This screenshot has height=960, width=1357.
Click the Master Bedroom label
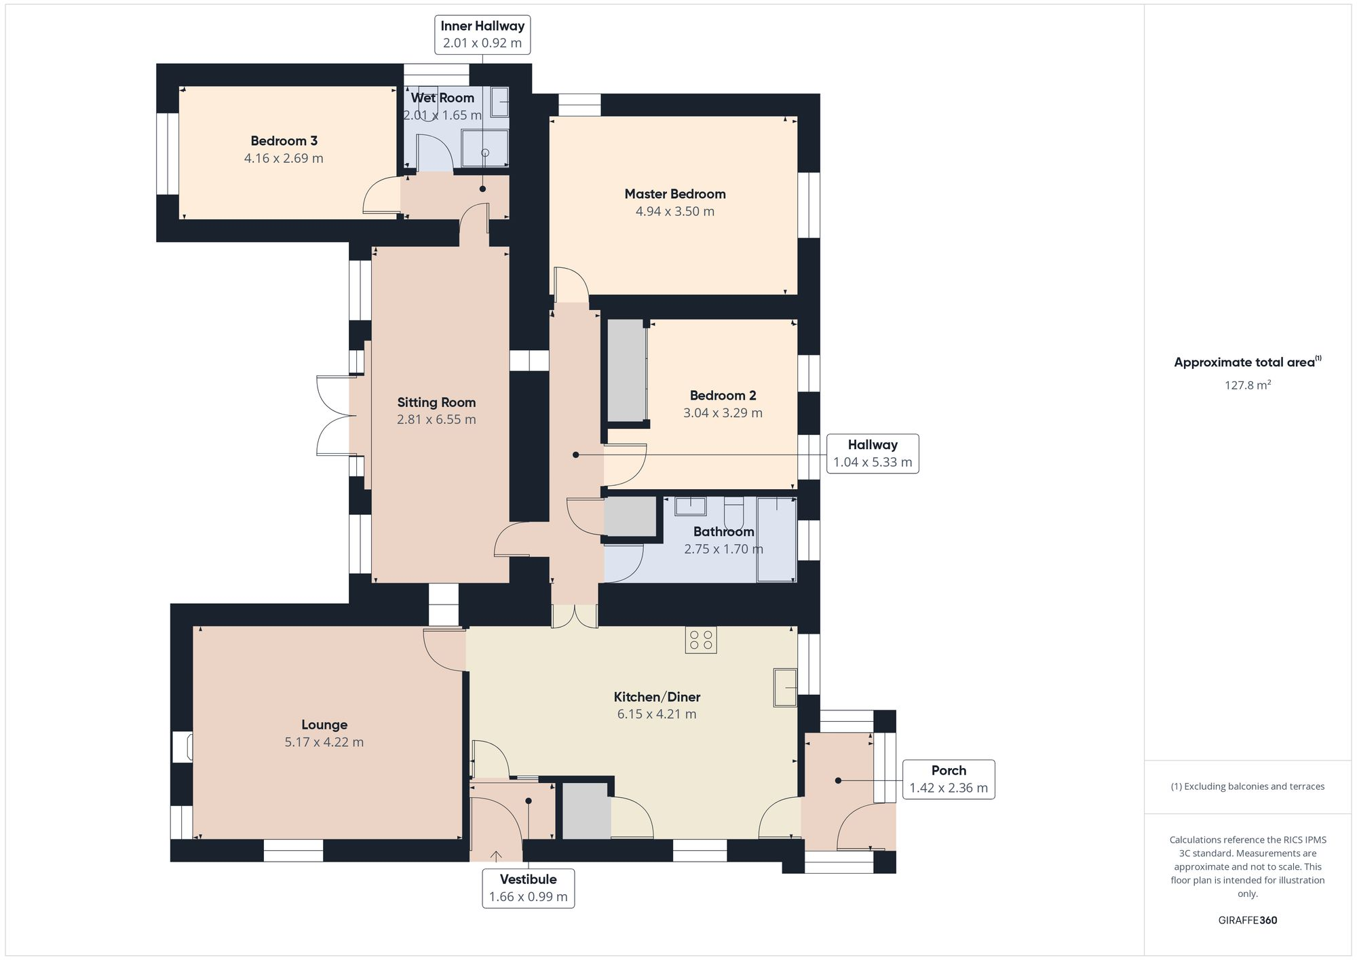675,194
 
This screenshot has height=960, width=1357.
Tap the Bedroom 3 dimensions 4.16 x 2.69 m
284,159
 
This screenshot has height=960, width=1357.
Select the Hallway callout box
873,454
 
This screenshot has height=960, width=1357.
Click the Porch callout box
949,780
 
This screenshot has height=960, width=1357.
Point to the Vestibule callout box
529,888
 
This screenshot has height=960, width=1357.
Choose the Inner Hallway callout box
482,35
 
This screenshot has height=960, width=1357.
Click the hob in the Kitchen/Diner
701,640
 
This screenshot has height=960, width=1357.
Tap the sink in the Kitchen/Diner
785,687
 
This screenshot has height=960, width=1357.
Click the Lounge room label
324,725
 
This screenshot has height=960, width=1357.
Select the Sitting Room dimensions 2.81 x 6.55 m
436,420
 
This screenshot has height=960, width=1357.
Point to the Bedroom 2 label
723,396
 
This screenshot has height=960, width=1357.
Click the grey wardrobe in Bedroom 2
626,371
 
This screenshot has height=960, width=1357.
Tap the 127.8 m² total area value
1248,385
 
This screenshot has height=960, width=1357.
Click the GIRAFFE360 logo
1248,921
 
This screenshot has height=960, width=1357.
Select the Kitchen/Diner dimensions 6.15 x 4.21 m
657,714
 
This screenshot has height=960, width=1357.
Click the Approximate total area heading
1248,362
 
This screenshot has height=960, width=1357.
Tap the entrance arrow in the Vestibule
496,857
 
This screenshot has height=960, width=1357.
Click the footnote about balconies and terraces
1248,787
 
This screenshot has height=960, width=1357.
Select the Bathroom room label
723,532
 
